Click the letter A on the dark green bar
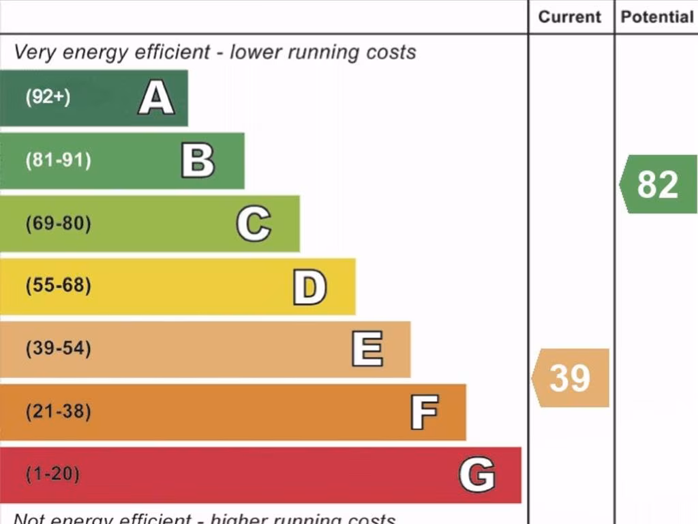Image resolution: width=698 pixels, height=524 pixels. coord(156,98)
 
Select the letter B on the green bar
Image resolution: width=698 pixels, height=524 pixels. coord(198,161)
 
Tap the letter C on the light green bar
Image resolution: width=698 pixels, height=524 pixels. coord(254,224)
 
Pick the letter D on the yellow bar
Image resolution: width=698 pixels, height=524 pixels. coord(309,287)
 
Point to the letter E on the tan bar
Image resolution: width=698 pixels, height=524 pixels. coord(367,349)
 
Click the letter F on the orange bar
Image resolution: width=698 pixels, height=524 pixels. coord(424,412)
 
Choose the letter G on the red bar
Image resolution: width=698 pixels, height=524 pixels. coord(476,475)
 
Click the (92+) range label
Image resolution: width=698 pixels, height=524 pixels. coord(48,97)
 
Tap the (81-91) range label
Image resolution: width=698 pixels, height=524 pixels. coord(58,161)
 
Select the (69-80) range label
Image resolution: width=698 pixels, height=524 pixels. coord(58,224)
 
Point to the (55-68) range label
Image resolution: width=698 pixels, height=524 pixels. coord(58,286)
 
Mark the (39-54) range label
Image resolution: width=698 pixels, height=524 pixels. coord(58,349)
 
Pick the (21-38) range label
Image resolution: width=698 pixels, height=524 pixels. coord(58,412)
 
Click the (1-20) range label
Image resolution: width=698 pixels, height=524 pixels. coord(52,474)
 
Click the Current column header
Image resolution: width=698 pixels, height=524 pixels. coord(570,17)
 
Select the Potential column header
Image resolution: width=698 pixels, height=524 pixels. coord(656,17)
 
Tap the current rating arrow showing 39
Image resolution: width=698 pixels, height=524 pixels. coord(571,378)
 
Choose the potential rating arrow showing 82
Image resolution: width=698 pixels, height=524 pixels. coord(658,184)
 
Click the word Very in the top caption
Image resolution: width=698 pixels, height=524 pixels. coord(33,53)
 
